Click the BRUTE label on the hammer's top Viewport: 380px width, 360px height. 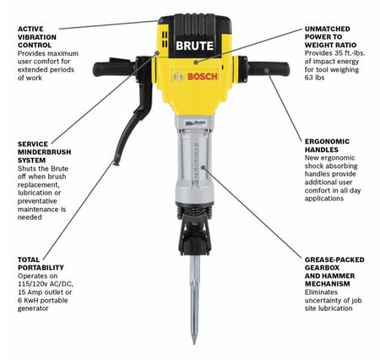(194, 44)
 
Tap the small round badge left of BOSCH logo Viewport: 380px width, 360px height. (177, 77)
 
